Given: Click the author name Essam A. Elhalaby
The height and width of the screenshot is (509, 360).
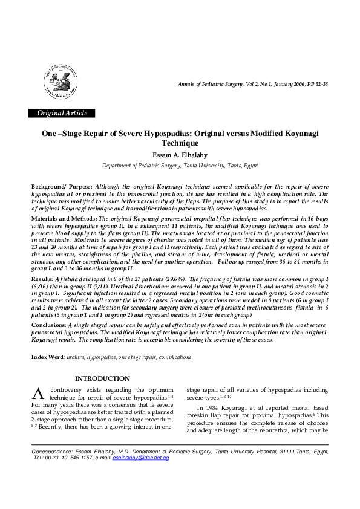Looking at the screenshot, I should [x=180, y=155].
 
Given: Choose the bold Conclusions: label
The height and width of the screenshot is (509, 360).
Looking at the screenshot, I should [x=49, y=325].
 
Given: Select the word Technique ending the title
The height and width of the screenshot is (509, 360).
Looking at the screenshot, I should [x=180, y=143].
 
